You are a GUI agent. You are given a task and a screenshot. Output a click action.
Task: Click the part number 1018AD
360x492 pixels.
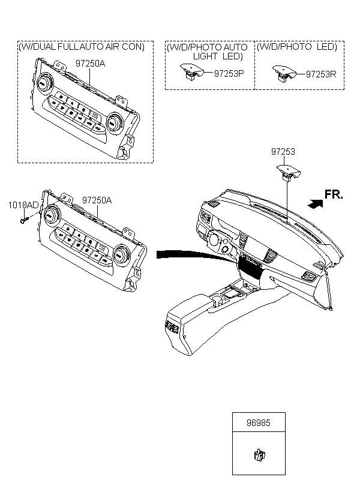tap(23, 205)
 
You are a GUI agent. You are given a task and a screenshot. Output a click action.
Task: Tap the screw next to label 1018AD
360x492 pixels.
tap(25, 219)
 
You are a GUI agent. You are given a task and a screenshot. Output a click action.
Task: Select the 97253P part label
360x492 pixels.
tap(229, 73)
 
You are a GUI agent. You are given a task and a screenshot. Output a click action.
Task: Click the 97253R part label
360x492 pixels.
tap(321, 74)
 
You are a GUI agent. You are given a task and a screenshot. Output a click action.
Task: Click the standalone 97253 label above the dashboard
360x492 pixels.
tap(283, 152)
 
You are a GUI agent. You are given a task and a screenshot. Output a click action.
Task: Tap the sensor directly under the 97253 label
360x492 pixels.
tap(289, 173)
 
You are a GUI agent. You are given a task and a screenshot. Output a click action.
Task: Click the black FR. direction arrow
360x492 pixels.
tap(315, 203)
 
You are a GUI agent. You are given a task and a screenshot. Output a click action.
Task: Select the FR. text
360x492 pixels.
tap(334, 194)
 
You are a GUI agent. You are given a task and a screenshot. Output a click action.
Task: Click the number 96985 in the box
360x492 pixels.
tap(259, 422)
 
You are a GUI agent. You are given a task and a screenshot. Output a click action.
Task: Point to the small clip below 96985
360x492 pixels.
tap(259, 455)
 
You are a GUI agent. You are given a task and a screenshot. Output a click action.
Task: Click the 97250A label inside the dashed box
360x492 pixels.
tap(91, 64)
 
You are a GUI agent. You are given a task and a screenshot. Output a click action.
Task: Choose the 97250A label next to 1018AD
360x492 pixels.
tap(97, 200)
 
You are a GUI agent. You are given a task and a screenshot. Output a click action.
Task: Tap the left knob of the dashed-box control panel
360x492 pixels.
tap(43, 82)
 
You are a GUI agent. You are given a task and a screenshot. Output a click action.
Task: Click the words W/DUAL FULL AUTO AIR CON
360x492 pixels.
tap(82, 47)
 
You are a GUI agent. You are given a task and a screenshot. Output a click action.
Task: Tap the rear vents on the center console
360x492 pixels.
tap(172, 327)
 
